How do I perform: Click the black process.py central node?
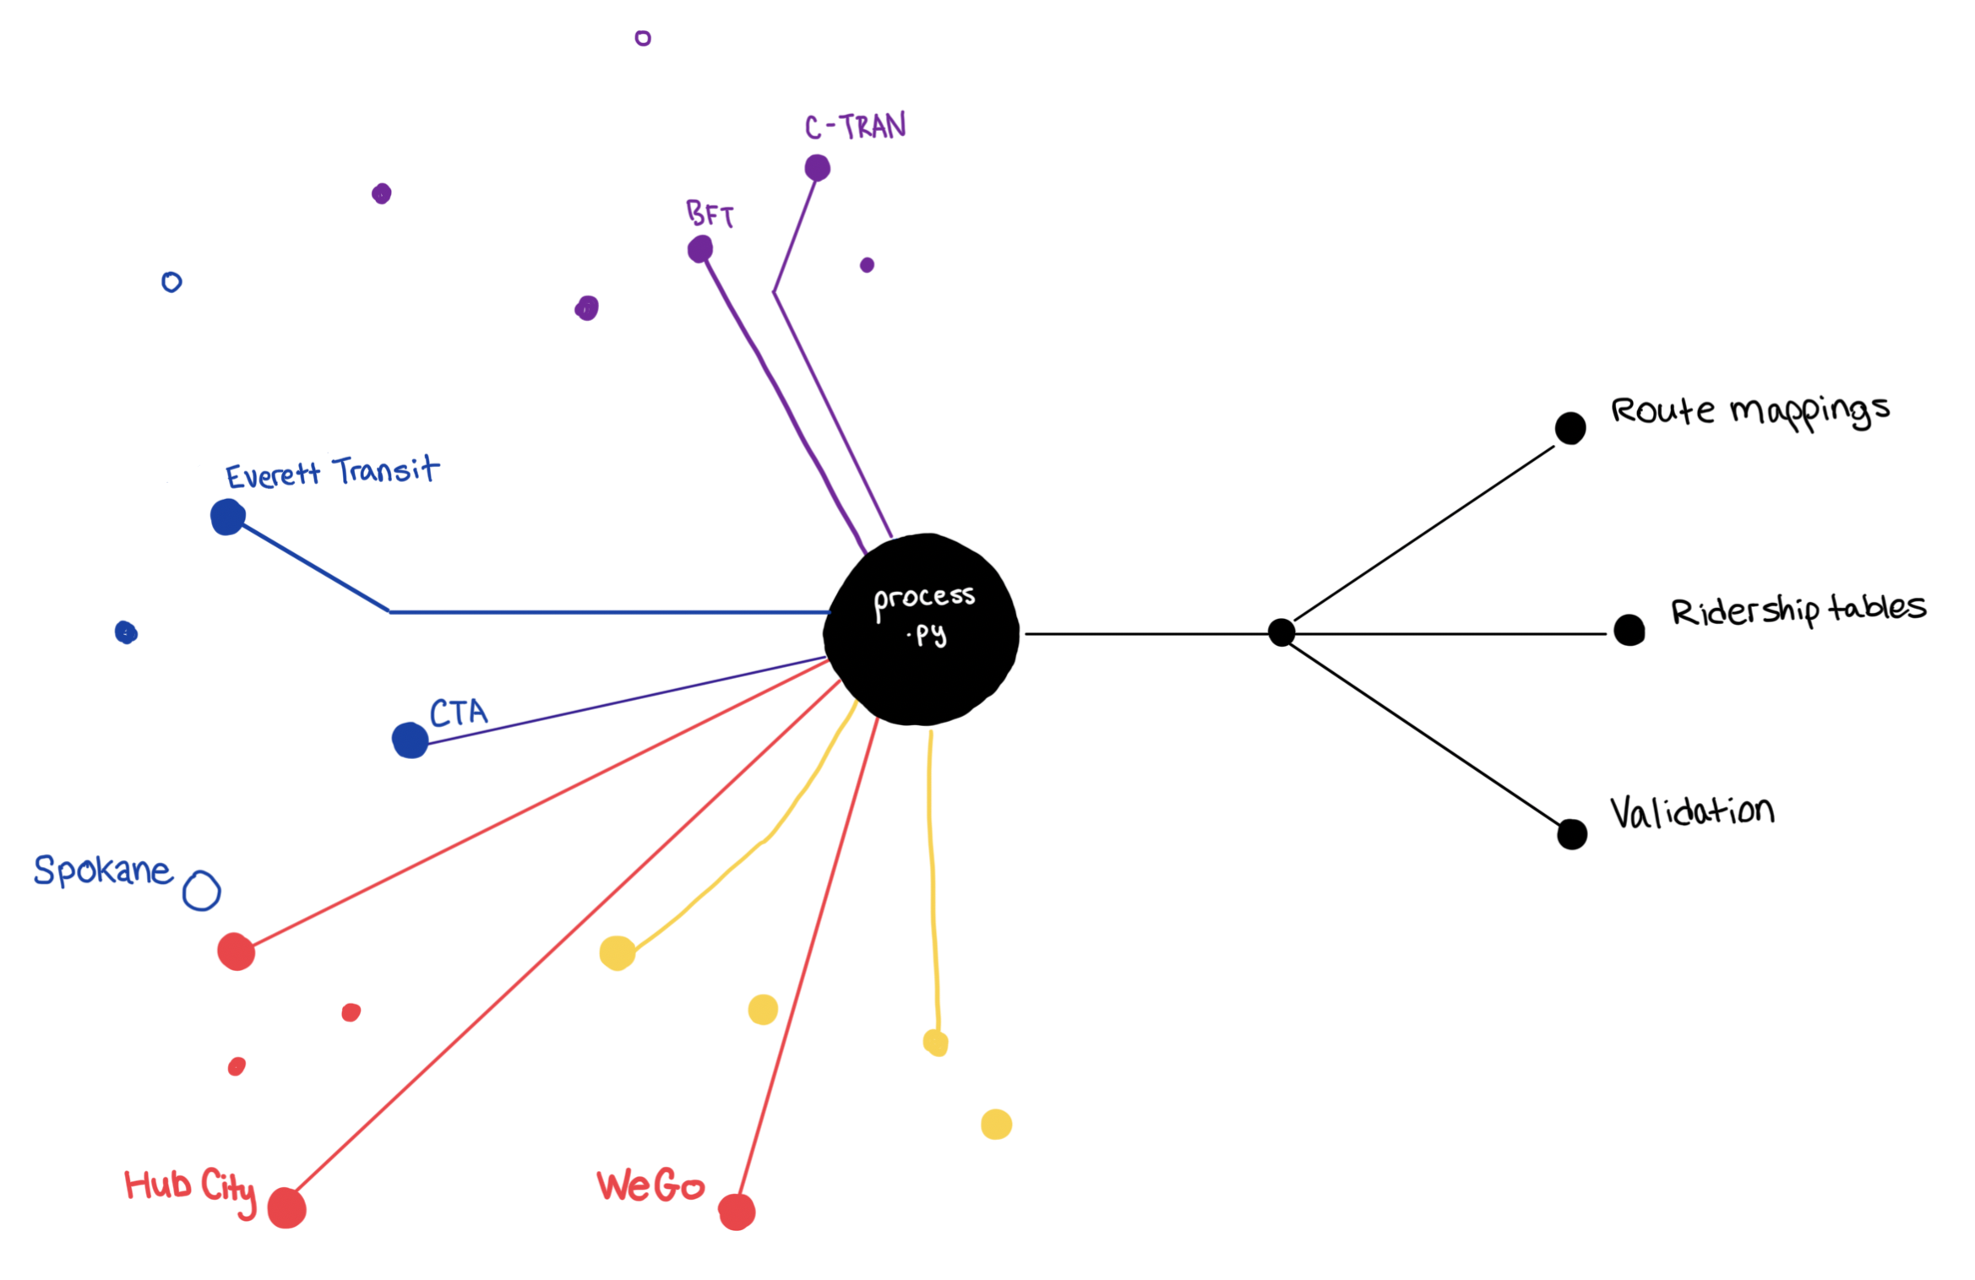[x=922, y=629]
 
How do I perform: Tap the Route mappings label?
[x=1749, y=412]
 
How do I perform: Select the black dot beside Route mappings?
[x=1570, y=428]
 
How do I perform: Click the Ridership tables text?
[x=1798, y=609]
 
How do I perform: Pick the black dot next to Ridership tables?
[x=1629, y=630]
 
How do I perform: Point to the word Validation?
[x=1691, y=812]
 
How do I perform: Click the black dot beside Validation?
[x=1571, y=834]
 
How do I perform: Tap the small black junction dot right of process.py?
[x=1281, y=632]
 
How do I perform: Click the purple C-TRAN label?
[x=855, y=127]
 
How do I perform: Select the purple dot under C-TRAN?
[x=817, y=167]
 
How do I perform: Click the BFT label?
[x=710, y=214]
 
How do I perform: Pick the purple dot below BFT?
[x=699, y=249]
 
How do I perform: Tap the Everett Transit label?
[x=332, y=472]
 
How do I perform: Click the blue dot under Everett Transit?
[x=227, y=517]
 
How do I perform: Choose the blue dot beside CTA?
[x=410, y=740]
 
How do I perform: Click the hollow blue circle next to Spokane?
[x=202, y=892]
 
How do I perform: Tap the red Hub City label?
[x=190, y=1188]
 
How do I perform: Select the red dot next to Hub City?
[x=286, y=1208]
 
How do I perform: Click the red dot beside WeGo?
[x=737, y=1212]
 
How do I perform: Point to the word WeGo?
[x=650, y=1186]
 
